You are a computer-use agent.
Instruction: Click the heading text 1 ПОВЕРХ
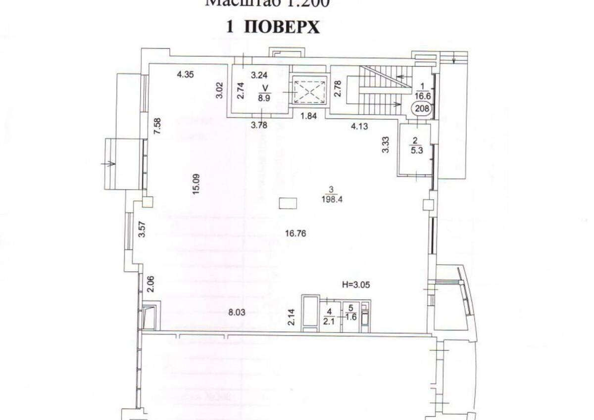coord(273,27)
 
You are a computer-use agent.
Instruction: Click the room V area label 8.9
coord(263,97)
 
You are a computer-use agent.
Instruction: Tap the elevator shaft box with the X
coord(307,92)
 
